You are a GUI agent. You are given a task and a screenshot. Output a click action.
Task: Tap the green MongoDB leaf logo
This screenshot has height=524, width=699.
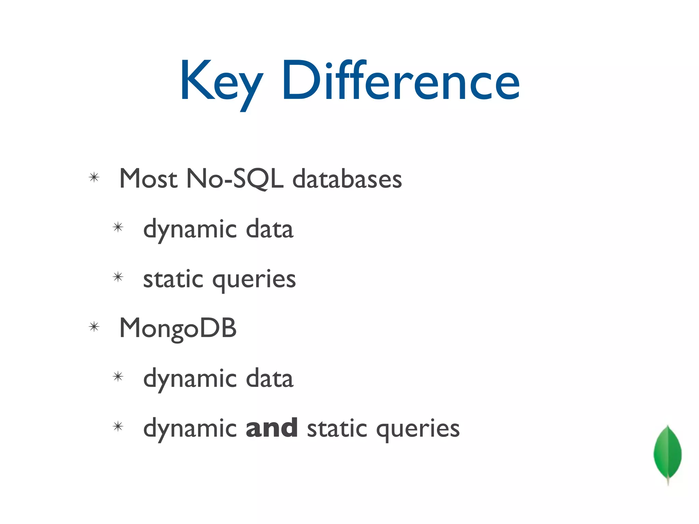coord(668,452)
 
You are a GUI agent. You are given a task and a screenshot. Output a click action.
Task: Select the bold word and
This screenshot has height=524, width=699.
coord(271,428)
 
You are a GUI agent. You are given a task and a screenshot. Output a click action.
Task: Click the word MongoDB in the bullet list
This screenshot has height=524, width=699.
coord(178,328)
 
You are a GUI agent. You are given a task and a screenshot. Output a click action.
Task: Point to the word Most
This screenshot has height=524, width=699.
coord(148,179)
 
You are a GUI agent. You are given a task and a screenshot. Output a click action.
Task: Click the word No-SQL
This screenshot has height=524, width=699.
coord(235,179)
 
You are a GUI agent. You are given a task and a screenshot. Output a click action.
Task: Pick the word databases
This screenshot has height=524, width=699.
coord(347,179)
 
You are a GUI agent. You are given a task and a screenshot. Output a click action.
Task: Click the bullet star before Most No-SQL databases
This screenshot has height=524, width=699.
coord(94,177)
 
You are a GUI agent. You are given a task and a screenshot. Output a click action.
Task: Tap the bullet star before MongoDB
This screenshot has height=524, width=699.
coord(94,327)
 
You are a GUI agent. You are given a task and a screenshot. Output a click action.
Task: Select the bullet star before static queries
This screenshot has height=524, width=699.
coord(118,277)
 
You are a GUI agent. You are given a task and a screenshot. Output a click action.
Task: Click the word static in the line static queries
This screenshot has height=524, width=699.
coord(173,279)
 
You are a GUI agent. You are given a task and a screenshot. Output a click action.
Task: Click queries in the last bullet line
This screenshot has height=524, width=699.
coord(418,429)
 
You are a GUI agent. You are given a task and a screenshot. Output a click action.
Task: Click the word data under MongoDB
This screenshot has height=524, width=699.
coord(269,379)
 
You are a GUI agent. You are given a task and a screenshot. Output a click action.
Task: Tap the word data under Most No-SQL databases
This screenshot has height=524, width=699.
coord(269,229)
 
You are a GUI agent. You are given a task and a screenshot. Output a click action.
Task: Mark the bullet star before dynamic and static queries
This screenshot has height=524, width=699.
coord(118,426)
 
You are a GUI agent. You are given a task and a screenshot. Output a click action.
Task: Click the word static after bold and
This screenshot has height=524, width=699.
coord(337,428)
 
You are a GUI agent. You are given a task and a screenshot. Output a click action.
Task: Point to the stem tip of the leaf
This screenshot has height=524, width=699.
coord(668,484)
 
